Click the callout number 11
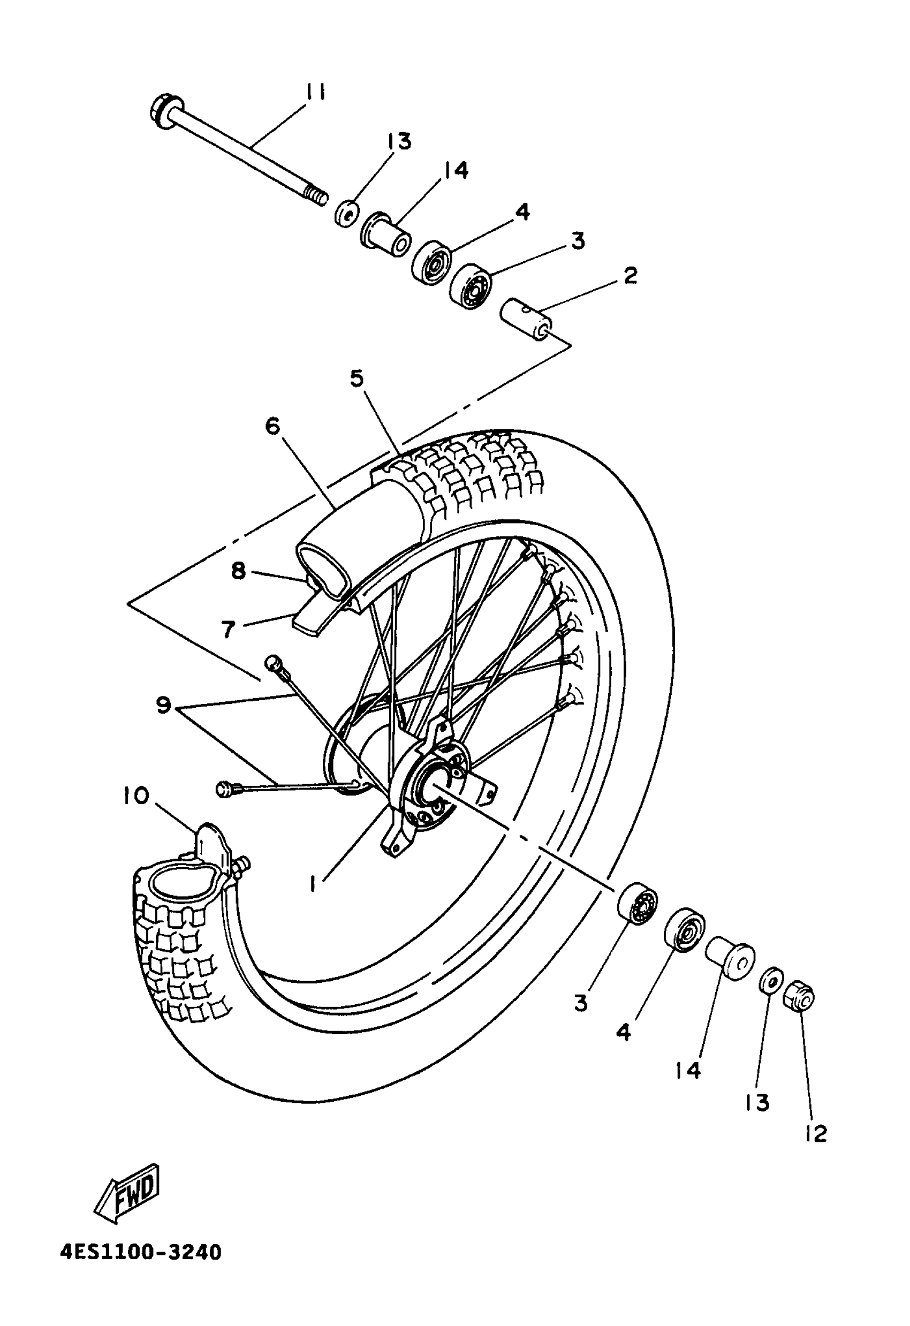(314, 92)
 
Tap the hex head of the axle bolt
(164, 110)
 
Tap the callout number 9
(163, 705)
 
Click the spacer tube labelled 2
(527, 320)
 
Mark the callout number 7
(228, 630)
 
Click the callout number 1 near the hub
(313, 883)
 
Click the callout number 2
(630, 276)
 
